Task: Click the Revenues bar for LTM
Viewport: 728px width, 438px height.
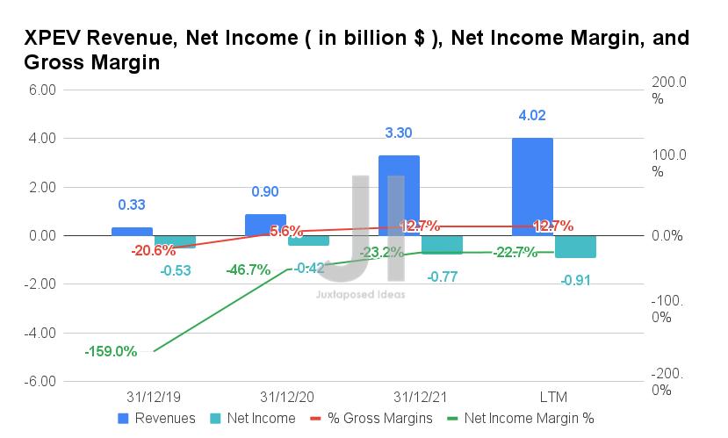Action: [532, 186]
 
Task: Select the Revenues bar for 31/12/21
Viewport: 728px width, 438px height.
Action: [399, 195]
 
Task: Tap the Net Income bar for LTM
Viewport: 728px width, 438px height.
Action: [574, 247]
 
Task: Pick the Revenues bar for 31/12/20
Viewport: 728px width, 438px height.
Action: [265, 225]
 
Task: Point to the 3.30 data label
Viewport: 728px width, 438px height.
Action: [399, 133]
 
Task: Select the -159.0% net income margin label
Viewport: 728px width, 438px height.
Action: [111, 351]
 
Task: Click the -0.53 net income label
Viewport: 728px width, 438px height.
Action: [176, 270]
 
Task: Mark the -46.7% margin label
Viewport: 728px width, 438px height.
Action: [248, 269]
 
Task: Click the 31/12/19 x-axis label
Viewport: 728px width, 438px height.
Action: [154, 397]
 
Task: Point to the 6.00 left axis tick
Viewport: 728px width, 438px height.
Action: [43, 90]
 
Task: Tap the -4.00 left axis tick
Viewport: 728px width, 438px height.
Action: [41, 334]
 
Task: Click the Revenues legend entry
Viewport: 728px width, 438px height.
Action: [158, 419]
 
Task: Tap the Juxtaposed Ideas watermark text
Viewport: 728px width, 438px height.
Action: [360, 295]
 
